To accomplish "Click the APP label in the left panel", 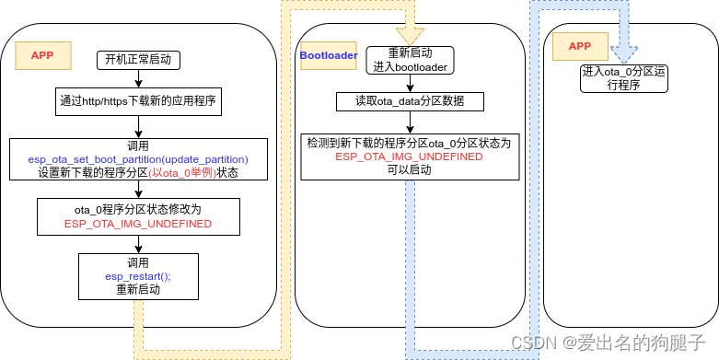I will point(42,55).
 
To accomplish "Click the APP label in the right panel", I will point(579,47).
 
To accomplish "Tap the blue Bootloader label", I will point(329,55).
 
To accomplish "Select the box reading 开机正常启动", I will point(138,61).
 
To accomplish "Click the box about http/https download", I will point(138,101).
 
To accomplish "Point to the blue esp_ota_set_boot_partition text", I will point(138,159).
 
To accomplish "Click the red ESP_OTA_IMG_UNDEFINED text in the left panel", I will point(138,224).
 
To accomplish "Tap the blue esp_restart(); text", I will point(138,275).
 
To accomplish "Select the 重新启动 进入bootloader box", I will point(410,60).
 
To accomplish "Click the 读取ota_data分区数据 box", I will point(409,101).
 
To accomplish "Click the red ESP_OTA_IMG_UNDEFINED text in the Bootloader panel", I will point(409,157).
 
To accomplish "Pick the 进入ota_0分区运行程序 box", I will point(624,78).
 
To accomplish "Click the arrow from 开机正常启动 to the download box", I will point(138,80).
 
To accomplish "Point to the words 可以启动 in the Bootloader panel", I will point(409,170).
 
